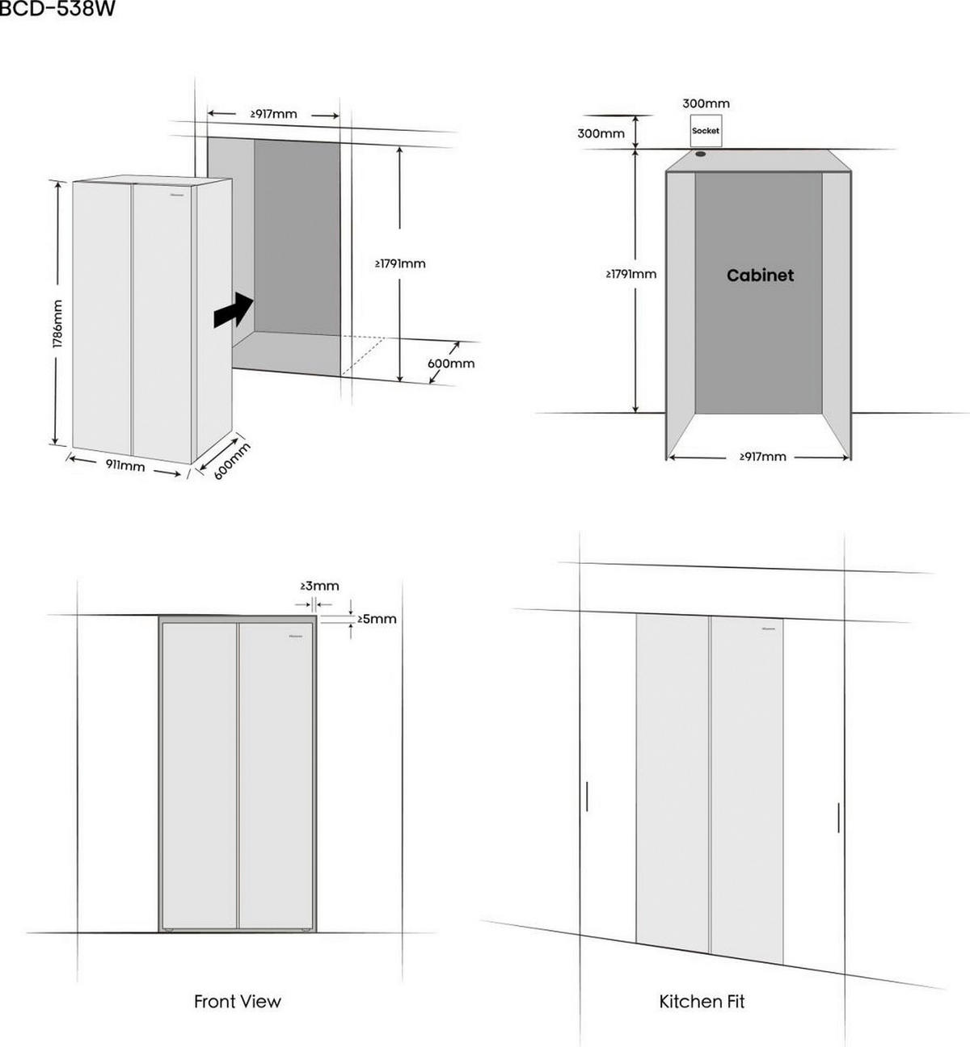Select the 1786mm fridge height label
[57, 324]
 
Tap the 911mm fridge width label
[125, 466]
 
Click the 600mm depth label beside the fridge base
[232, 460]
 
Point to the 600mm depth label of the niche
[450, 364]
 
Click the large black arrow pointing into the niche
[234, 310]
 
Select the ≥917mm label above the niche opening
[273, 114]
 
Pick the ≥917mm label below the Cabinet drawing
[762, 456]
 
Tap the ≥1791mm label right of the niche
[400, 263]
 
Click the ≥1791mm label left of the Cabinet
[631, 274]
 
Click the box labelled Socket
[705, 131]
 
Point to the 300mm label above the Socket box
[706, 103]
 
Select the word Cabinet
[760, 275]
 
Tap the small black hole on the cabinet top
[700, 153]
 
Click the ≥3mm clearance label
[319, 586]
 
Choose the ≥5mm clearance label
[377, 619]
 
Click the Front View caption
[237, 1002]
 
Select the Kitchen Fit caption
[702, 1002]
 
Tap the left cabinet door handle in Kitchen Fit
[586, 796]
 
